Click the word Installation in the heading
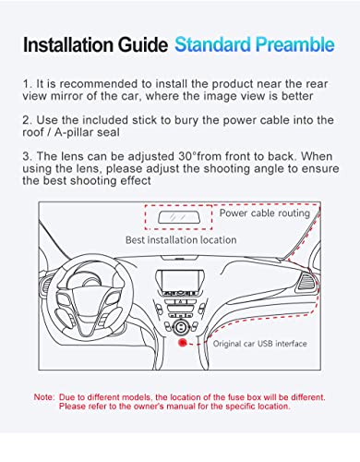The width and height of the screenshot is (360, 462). tap(69, 44)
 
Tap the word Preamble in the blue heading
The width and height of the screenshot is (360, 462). tap(294, 44)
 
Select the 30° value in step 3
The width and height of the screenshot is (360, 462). tap(187, 156)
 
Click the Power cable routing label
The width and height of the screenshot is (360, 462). tap(265, 213)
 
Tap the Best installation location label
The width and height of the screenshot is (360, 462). tap(181, 240)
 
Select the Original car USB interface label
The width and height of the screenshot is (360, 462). tap(260, 344)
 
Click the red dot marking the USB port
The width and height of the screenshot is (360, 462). tap(183, 343)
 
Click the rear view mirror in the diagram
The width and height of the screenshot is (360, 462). tap(179, 217)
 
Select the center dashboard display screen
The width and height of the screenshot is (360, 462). tap(180, 281)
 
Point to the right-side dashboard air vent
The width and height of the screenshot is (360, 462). tap(306, 282)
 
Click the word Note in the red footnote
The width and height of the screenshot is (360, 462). tap(44, 397)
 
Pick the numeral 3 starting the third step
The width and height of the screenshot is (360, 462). tap(26, 156)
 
